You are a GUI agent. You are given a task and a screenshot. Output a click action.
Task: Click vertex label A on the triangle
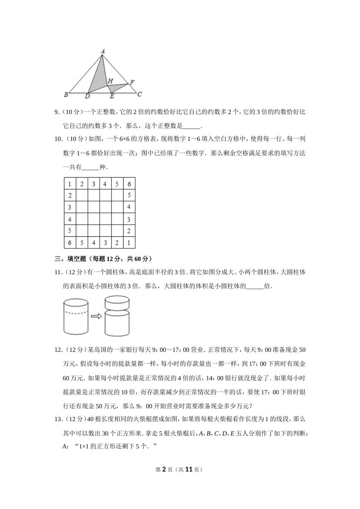click(103, 51)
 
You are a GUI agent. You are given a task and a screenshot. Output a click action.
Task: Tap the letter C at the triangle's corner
click(139, 94)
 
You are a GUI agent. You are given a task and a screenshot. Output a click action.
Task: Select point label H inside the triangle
click(110, 81)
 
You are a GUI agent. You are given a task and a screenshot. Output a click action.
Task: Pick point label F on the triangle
click(132, 82)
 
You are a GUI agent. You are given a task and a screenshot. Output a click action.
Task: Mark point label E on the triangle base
click(112, 97)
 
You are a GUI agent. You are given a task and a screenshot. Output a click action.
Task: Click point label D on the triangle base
click(87, 96)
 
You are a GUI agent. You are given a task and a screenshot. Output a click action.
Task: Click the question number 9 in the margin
click(56, 112)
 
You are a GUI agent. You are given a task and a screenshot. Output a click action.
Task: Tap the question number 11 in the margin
click(58, 272)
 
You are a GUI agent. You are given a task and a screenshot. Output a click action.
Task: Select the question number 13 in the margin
click(58, 419)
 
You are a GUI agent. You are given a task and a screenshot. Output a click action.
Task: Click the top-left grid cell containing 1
click(70, 184)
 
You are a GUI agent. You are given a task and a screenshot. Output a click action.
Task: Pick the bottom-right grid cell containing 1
click(129, 243)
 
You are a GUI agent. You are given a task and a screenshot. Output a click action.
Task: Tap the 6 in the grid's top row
click(129, 184)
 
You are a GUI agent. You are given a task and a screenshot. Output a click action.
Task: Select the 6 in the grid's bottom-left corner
click(70, 243)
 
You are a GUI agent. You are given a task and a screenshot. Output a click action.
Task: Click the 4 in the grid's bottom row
click(93, 243)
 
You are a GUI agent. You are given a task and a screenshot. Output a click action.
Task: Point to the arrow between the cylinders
click(97, 316)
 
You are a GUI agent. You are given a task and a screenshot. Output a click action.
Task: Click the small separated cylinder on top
click(117, 303)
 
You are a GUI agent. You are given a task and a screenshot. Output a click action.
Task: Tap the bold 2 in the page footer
click(164, 469)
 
